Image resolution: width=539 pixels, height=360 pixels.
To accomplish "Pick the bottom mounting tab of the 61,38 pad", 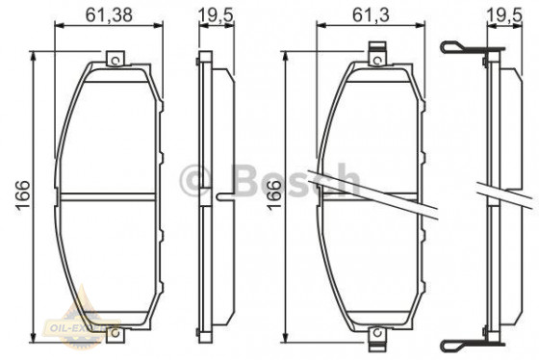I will point(115,332).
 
